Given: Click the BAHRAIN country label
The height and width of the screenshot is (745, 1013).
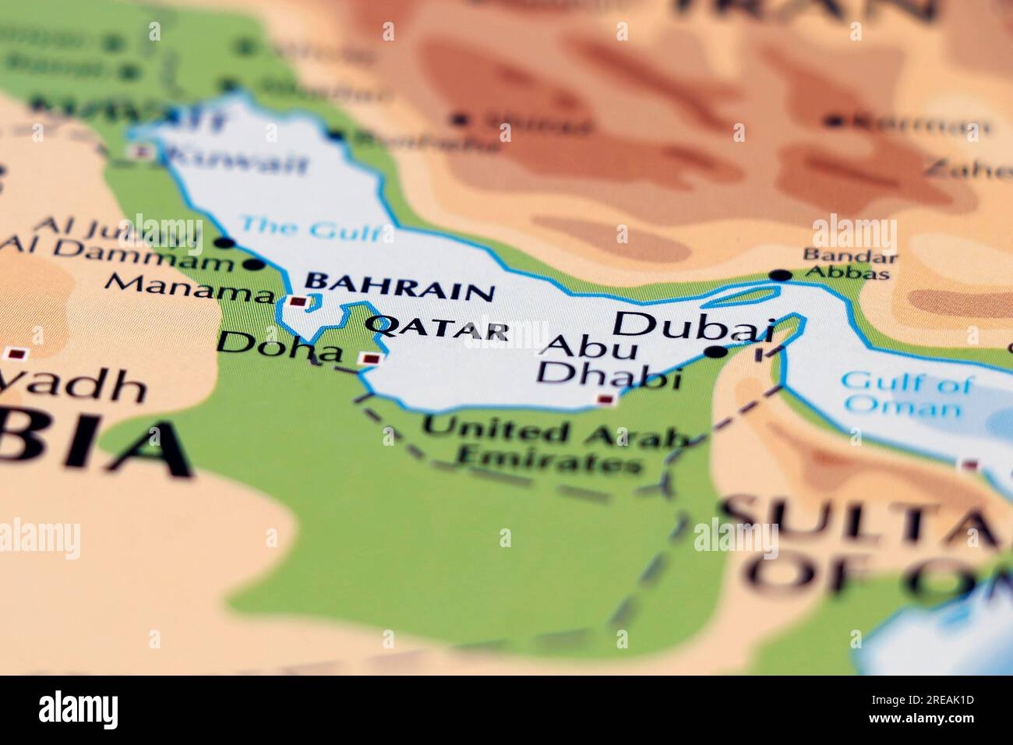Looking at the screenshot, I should [399, 287].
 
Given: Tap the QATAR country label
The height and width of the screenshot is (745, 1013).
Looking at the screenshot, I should [437, 328].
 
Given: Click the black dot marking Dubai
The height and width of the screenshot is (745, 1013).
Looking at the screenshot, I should [715, 353].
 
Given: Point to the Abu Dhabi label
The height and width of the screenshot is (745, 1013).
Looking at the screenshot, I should [608, 362].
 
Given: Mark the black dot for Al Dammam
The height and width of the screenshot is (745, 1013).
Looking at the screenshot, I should [252, 264].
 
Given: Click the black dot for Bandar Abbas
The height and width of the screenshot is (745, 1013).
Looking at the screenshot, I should [780, 275].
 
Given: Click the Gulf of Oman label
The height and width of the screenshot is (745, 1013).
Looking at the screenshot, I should [905, 394].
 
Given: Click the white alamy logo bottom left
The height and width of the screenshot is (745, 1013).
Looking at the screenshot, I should [78, 710].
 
